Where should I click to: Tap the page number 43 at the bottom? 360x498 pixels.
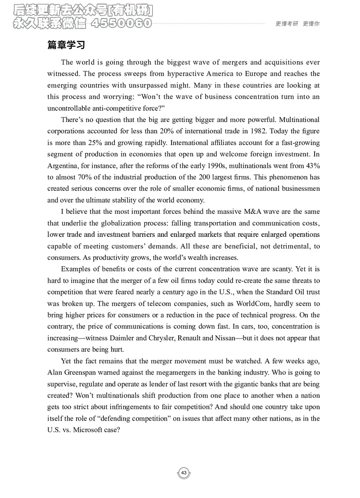pos(184,473)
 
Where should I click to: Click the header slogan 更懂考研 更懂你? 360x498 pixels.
pos(297,25)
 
